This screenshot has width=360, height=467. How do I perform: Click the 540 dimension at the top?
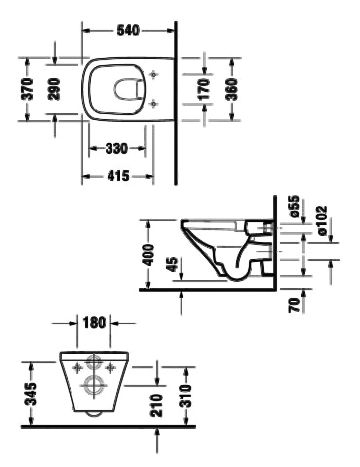point(128,31)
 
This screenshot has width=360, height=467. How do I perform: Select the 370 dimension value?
point(27,89)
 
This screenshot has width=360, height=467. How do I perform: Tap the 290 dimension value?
point(53,89)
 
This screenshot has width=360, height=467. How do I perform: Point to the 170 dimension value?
point(204,89)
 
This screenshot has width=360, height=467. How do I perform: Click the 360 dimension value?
point(231,89)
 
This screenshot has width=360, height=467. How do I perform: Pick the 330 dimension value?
point(117,149)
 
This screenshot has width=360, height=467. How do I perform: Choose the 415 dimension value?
point(118,176)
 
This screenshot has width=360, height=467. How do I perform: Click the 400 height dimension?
point(149,255)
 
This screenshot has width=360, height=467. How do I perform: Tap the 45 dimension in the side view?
point(172,264)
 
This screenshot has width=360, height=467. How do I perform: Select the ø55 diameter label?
point(295,207)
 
